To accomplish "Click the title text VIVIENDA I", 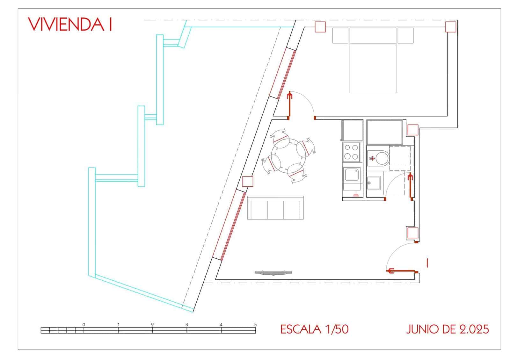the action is click(70, 24).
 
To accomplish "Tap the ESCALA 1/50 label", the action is click(314, 329).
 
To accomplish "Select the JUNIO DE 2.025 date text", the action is click(448, 329).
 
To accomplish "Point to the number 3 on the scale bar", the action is click(187, 325).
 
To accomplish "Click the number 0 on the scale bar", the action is click(84, 325).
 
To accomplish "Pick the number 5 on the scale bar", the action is click(255, 325).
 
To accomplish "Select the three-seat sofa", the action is click(275, 208).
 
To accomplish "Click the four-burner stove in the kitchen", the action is click(351, 152).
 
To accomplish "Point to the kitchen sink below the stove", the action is click(352, 175).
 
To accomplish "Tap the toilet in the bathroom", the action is click(378, 158).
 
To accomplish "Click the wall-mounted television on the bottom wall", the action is click(273, 273).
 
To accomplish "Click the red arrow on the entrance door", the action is click(401, 270).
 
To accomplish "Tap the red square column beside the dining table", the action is click(248, 181).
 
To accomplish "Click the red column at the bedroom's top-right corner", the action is click(451, 27).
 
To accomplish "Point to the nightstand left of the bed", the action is click(340, 35).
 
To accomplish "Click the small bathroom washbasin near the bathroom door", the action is click(373, 183).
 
